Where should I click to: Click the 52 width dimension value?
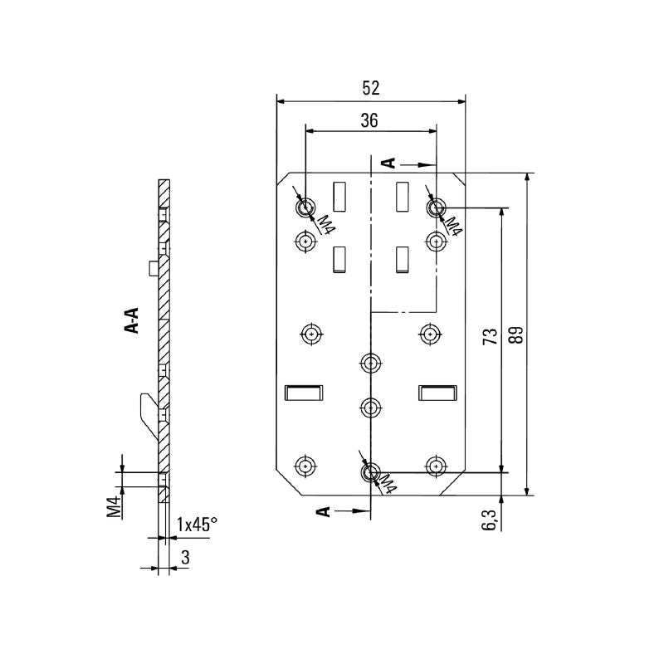click(371, 88)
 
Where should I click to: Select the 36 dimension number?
click(369, 120)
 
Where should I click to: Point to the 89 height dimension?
click(516, 334)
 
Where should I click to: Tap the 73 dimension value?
click(491, 336)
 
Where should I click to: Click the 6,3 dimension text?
click(488, 520)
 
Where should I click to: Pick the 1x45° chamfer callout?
click(197, 525)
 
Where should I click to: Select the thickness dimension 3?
click(185, 557)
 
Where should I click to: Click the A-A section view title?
click(133, 320)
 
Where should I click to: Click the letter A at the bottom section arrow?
click(324, 511)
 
